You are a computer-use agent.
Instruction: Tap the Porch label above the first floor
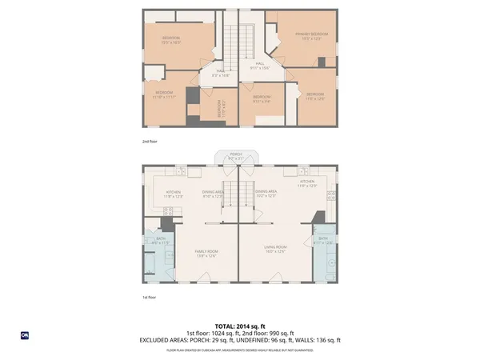tap(235, 156)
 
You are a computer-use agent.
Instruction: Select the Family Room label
tap(206, 254)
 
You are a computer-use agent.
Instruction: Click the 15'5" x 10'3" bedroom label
tap(171, 41)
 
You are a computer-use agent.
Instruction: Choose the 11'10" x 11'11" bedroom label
tap(163, 94)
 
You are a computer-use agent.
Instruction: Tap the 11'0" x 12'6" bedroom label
tap(314, 97)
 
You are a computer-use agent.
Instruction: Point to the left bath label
tap(161, 241)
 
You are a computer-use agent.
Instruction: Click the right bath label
tap(322, 241)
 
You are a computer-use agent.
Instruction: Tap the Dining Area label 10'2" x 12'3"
tap(266, 194)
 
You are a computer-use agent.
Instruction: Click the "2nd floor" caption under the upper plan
tap(150, 142)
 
